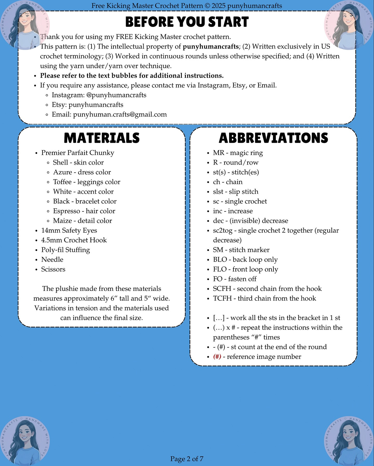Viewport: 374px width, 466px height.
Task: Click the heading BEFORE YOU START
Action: [x=187, y=22]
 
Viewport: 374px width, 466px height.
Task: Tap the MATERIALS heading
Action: [x=102, y=138]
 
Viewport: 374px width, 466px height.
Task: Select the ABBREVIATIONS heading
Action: [x=273, y=138]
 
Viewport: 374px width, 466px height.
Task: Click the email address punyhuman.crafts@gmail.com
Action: [x=120, y=114]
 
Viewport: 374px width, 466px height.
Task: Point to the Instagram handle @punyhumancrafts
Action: [x=116, y=95]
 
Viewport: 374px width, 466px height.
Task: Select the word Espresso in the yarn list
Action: [x=66, y=211]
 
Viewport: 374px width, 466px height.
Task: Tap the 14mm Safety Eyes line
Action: [x=69, y=230]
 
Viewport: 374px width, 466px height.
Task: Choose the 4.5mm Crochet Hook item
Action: [x=74, y=240]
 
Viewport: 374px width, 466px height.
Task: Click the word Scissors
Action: [x=53, y=269]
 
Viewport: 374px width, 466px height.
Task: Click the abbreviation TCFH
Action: [x=222, y=298]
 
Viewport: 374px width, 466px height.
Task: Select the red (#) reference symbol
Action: [x=217, y=357]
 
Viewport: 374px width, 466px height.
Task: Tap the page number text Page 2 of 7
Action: [x=187, y=459]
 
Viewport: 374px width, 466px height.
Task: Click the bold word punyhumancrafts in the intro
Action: [x=211, y=47]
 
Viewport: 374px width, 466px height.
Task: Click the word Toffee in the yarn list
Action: [x=62, y=182]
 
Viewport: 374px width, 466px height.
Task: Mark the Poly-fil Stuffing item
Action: [x=65, y=250]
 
